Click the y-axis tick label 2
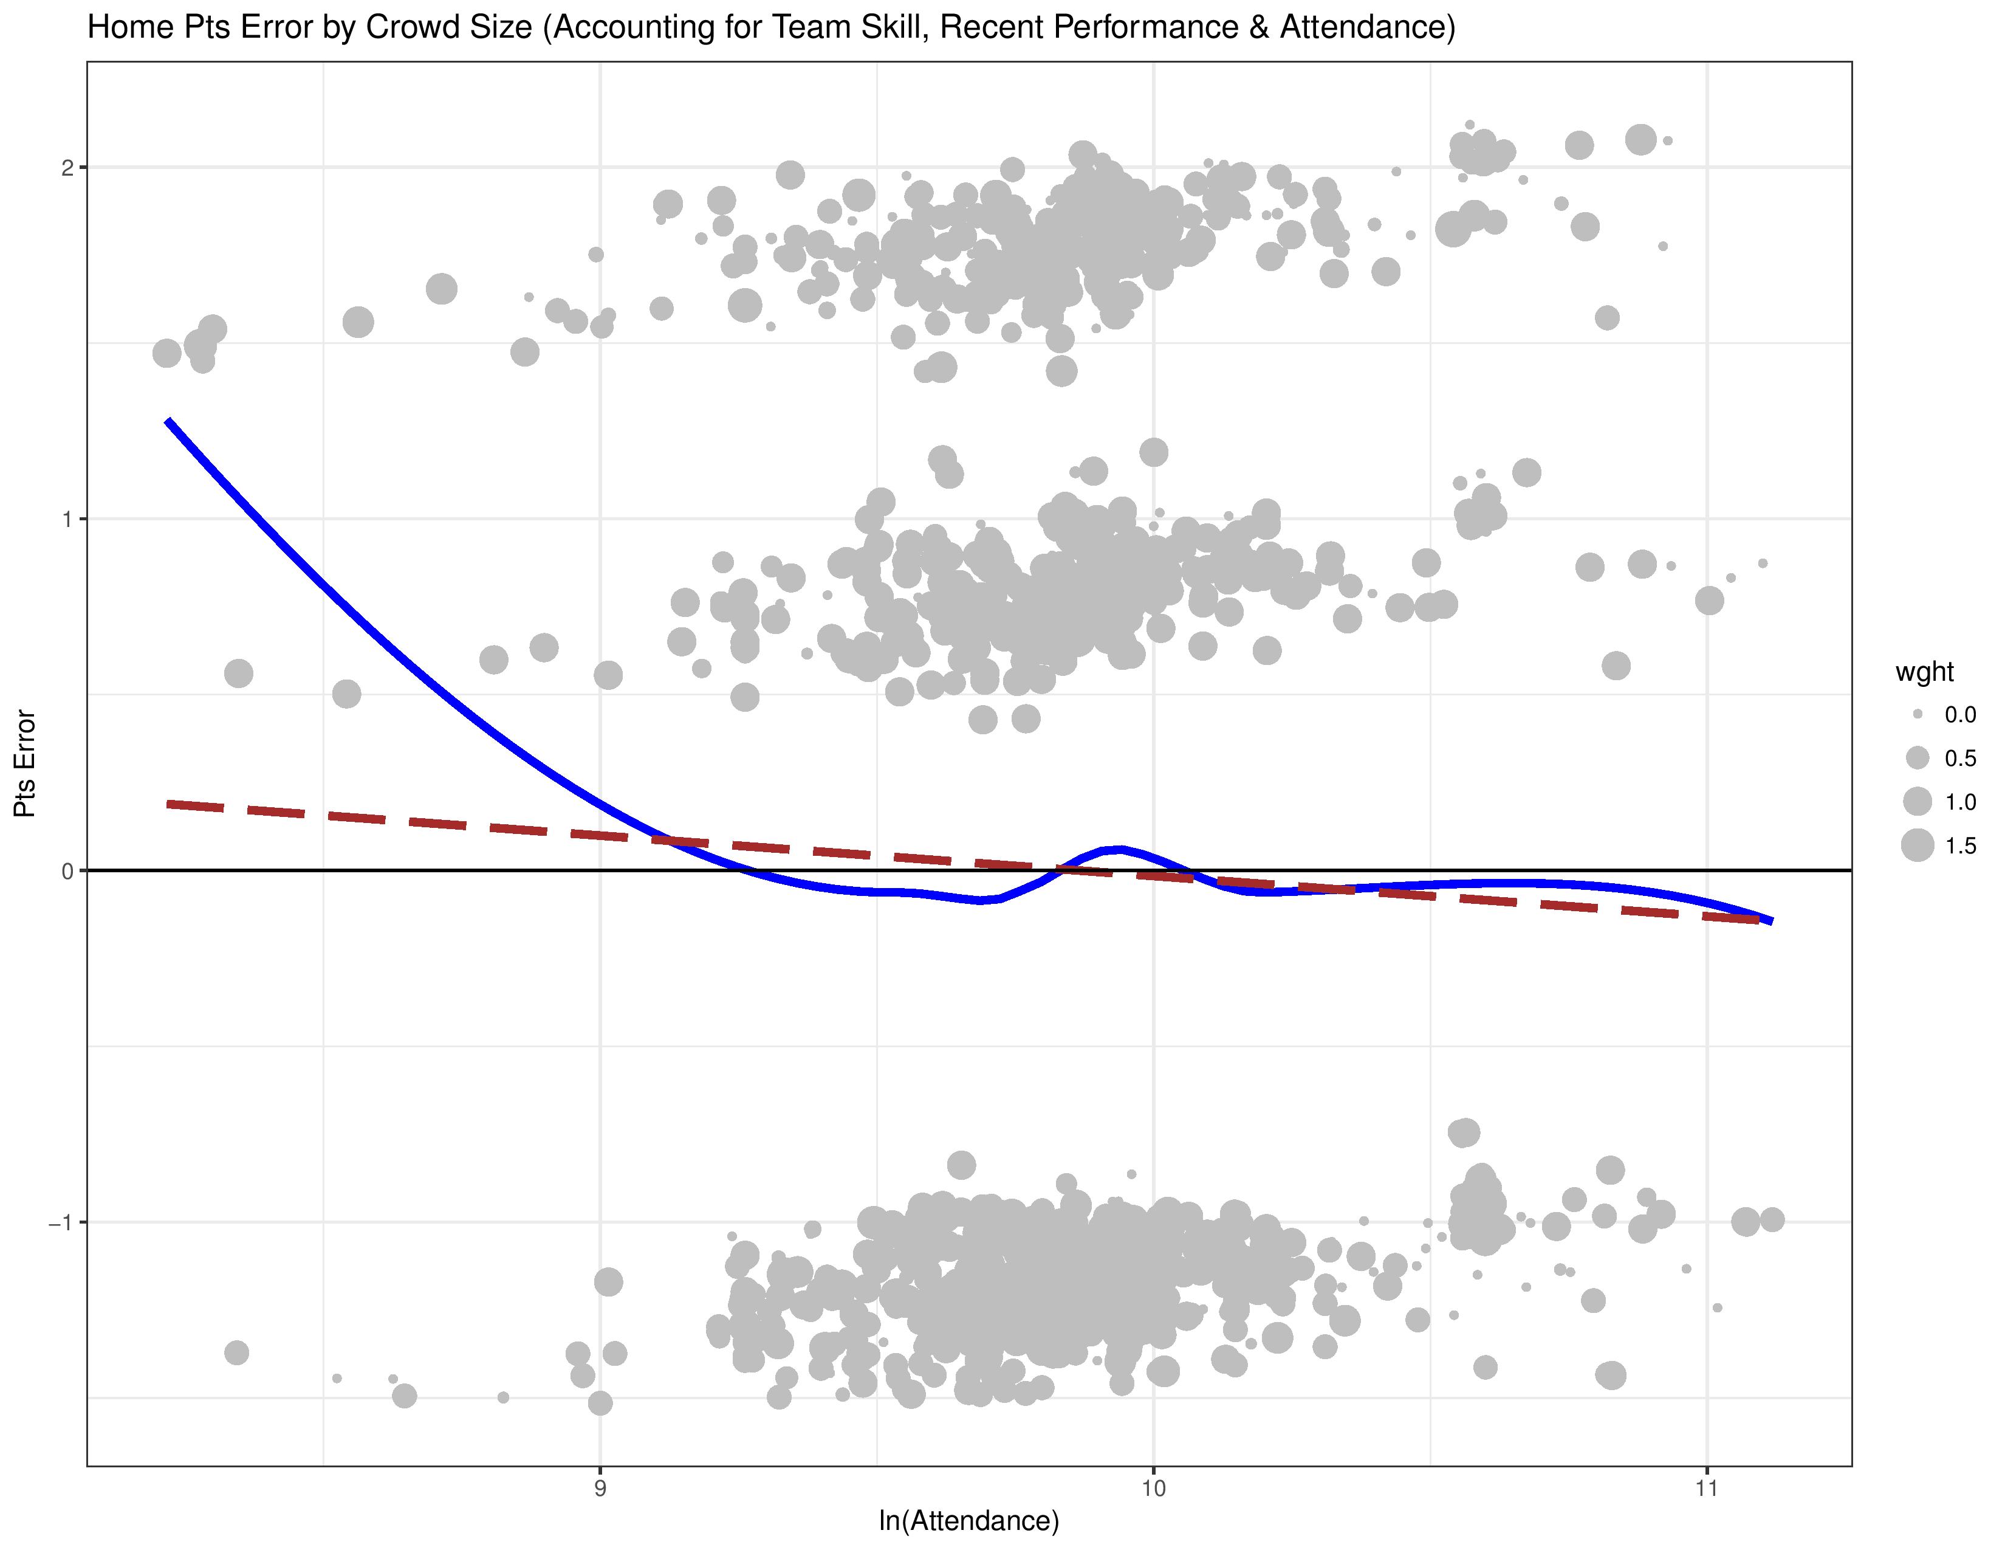point(67,168)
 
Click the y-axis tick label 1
point(67,520)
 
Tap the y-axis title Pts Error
point(25,764)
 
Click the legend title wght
point(1924,672)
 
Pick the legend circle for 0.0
point(1918,714)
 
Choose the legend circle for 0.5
point(1918,757)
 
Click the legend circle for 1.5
point(1918,845)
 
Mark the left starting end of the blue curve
point(168,421)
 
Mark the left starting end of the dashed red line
point(168,804)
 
